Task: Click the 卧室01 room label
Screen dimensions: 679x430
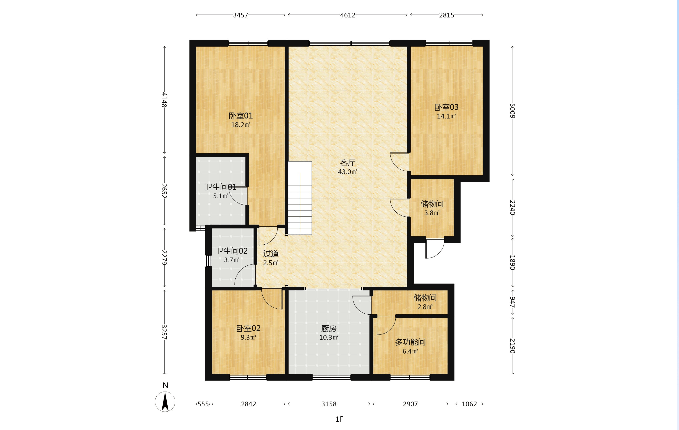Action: click(x=240, y=116)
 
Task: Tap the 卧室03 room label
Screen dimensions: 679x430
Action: click(x=446, y=107)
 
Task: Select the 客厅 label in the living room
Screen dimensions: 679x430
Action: click(x=347, y=163)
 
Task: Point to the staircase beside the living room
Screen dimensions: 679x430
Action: click(x=300, y=198)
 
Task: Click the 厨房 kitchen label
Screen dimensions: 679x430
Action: click(x=329, y=328)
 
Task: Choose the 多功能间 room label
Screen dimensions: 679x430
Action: click(x=410, y=342)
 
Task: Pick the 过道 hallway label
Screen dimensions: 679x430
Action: click(x=271, y=254)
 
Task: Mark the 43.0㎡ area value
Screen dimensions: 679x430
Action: click(x=347, y=172)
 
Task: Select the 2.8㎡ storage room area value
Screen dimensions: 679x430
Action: click(x=425, y=307)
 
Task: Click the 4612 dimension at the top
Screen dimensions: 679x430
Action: click(x=347, y=15)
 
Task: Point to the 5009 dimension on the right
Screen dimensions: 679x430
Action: click(x=512, y=111)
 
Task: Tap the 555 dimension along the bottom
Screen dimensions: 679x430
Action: click(x=203, y=404)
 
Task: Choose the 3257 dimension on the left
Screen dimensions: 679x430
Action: click(x=164, y=332)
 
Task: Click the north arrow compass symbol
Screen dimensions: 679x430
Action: click(x=165, y=401)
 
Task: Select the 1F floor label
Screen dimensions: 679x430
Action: click(x=339, y=419)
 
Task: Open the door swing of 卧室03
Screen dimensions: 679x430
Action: click(x=399, y=162)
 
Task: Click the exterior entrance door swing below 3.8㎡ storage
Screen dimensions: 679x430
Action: click(x=435, y=249)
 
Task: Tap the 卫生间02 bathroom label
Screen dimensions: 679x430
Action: click(x=232, y=251)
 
